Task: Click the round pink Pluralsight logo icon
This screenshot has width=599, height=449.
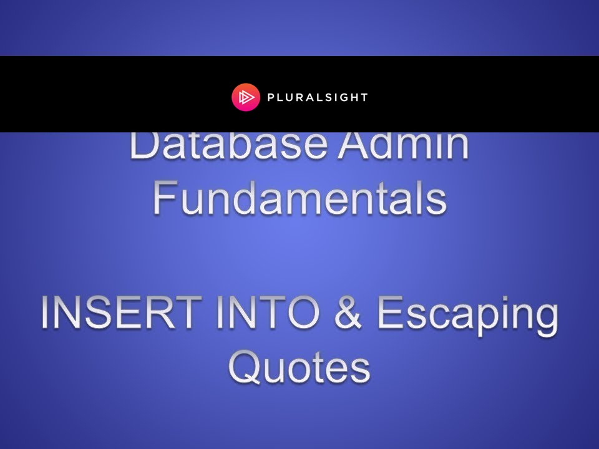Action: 245,97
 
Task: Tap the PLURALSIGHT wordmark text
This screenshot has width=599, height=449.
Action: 317,97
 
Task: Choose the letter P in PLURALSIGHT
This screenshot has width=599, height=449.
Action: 270,97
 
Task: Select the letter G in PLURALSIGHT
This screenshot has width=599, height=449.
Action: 344,97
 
